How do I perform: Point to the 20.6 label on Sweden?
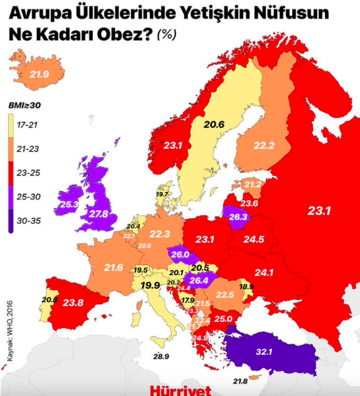(213, 125)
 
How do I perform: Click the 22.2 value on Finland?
(264, 145)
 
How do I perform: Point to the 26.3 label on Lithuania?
(238, 218)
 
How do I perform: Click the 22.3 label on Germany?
(160, 234)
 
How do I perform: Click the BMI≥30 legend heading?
(24, 106)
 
